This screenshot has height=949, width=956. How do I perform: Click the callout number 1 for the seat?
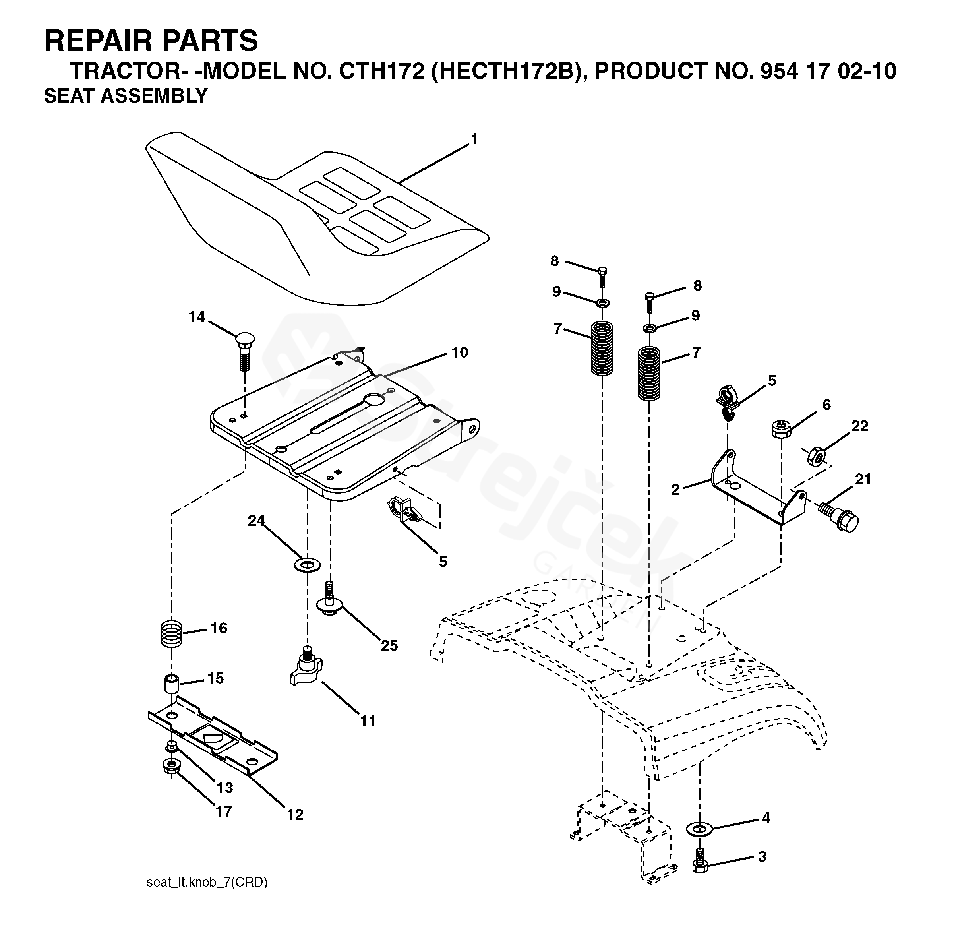474,139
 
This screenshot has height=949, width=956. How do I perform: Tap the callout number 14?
196,317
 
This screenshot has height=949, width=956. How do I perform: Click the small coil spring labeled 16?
172,634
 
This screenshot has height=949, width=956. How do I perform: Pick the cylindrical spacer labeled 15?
171,684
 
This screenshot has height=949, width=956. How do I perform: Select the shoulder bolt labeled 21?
839,517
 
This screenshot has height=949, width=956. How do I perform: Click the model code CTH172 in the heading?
381,71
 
